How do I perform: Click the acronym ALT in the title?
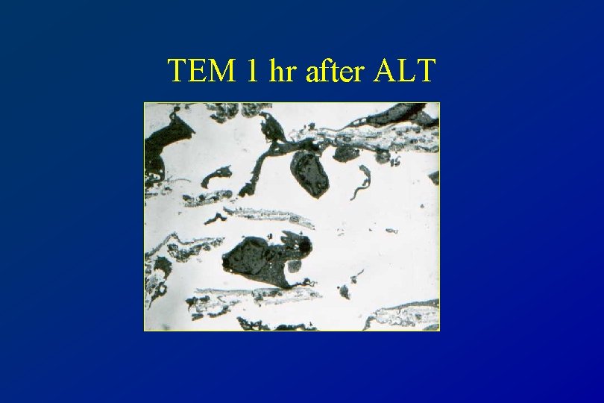405,71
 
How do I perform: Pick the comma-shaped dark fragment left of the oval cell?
216,175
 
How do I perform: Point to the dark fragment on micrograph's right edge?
434,178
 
